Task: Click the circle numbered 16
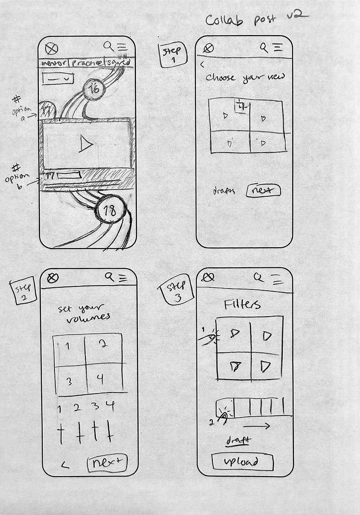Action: pyautogui.click(x=95, y=89)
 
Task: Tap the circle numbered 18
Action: pyautogui.click(x=110, y=211)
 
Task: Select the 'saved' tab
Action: pyautogui.click(x=118, y=63)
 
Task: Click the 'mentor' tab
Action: pyautogui.click(x=54, y=63)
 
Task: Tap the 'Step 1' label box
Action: pyautogui.click(x=173, y=55)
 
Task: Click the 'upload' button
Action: pyautogui.click(x=242, y=462)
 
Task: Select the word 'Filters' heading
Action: pyautogui.click(x=242, y=305)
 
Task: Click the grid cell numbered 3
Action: pyautogui.click(x=69, y=381)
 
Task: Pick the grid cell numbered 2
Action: pyautogui.click(x=103, y=345)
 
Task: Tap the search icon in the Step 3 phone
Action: pyautogui.click(x=259, y=277)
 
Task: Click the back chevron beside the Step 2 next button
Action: pyautogui.click(x=65, y=465)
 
